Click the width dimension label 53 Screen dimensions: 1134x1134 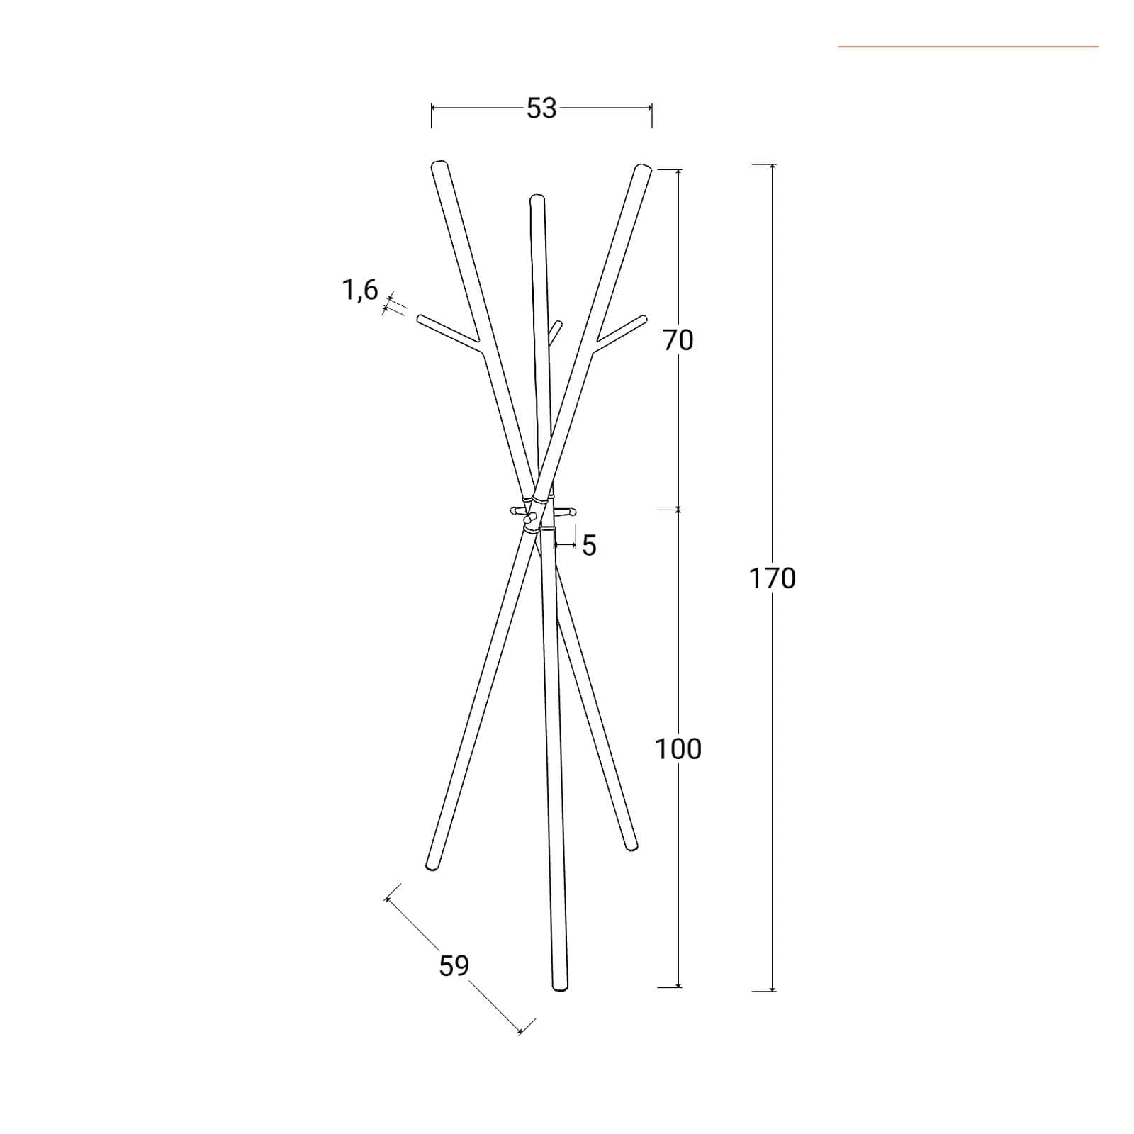[541, 108]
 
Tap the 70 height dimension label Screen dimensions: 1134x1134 [678, 341]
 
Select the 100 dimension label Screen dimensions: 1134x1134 [678, 749]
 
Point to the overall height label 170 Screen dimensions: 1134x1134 [773, 579]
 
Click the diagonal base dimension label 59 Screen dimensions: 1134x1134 [454, 966]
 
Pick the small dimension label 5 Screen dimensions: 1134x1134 [590, 546]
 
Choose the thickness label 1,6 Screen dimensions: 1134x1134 [361, 290]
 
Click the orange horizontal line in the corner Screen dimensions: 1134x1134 [968, 47]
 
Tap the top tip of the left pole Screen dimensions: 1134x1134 [439, 164]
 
